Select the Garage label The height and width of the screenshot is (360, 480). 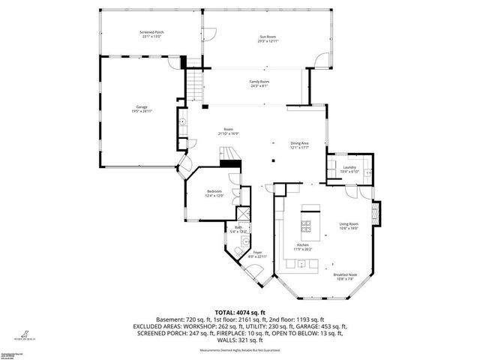click(140, 108)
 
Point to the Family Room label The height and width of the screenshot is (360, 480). click(259, 81)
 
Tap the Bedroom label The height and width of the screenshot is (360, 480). click(215, 192)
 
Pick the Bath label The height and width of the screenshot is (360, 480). click(238, 228)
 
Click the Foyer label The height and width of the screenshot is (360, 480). click(256, 252)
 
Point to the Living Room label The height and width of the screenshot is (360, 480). click(349, 223)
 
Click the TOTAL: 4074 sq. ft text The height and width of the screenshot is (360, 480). click(240, 311)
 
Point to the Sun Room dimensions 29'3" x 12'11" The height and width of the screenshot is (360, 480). click(267, 41)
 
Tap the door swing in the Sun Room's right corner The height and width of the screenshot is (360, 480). click(323, 59)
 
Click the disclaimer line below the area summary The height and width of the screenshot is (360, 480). click(240, 351)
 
